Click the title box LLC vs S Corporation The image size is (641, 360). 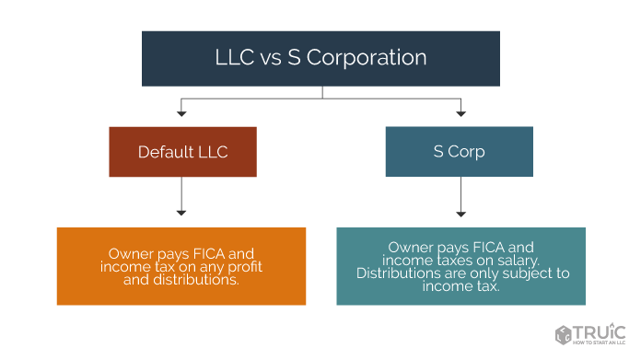320,58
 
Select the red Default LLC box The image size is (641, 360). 182,152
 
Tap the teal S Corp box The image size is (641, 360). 459,152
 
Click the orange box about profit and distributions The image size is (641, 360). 181,266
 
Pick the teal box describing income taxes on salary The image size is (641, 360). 460,266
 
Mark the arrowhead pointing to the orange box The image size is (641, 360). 181,213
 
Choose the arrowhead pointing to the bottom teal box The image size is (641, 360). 460,213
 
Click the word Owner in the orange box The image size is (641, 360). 131,253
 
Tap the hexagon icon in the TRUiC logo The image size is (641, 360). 563,334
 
